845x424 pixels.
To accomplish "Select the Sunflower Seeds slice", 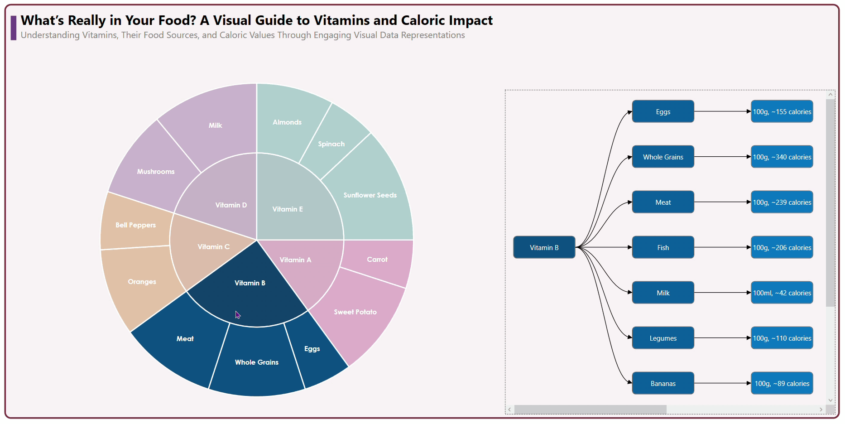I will coord(370,195).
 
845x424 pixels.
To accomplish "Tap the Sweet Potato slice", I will coord(355,312).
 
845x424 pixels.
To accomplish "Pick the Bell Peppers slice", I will coord(135,225).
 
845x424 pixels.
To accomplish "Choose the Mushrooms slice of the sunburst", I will coord(156,172).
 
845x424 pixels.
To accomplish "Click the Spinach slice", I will coord(331,144).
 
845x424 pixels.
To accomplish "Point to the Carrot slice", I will coord(377,260).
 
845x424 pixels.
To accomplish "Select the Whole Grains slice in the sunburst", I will coord(257,362).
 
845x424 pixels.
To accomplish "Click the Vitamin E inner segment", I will coord(288,209).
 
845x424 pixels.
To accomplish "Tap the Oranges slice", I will coord(142,282).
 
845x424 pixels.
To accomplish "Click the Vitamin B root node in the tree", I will coord(544,247).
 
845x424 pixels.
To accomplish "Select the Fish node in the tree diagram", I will coord(663,247).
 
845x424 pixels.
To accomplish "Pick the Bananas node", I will coord(663,383).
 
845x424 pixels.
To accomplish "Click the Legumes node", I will coord(663,338).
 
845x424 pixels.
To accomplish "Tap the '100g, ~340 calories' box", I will coord(782,157).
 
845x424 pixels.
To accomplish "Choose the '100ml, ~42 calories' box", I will coord(782,293).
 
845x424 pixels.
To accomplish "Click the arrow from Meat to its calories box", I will coord(722,202).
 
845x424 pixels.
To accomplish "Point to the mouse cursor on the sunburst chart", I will coord(238,315).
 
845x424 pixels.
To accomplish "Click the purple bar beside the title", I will coord(14,28).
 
